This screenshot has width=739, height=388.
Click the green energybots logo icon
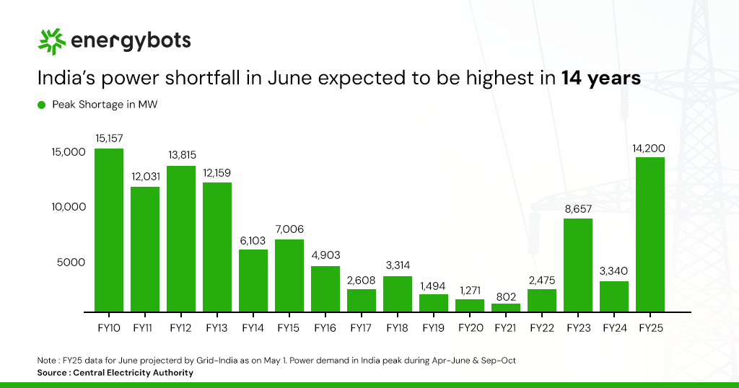(x=51, y=42)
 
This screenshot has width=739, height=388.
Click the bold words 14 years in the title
(x=601, y=78)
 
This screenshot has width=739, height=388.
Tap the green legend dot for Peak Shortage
(x=41, y=105)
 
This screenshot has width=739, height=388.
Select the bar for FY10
(x=109, y=229)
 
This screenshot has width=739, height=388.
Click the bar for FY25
(x=650, y=234)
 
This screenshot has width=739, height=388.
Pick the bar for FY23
(x=578, y=265)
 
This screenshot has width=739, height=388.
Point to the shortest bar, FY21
(x=506, y=307)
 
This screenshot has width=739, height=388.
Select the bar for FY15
(x=289, y=275)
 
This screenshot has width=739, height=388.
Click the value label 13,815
(x=181, y=155)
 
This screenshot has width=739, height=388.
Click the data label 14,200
(x=650, y=148)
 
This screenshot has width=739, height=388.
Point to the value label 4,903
(x=325, y=255)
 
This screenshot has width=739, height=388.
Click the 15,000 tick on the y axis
(x=69, y=152)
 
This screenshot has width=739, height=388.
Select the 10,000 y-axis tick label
(x=69, y=207)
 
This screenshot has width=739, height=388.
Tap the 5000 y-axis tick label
(x=71, y=263)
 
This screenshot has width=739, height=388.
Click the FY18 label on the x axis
(x=398, y=327)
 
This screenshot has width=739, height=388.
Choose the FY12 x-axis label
(x=181, y=327)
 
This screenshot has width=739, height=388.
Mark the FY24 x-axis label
(x=614, y=327)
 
